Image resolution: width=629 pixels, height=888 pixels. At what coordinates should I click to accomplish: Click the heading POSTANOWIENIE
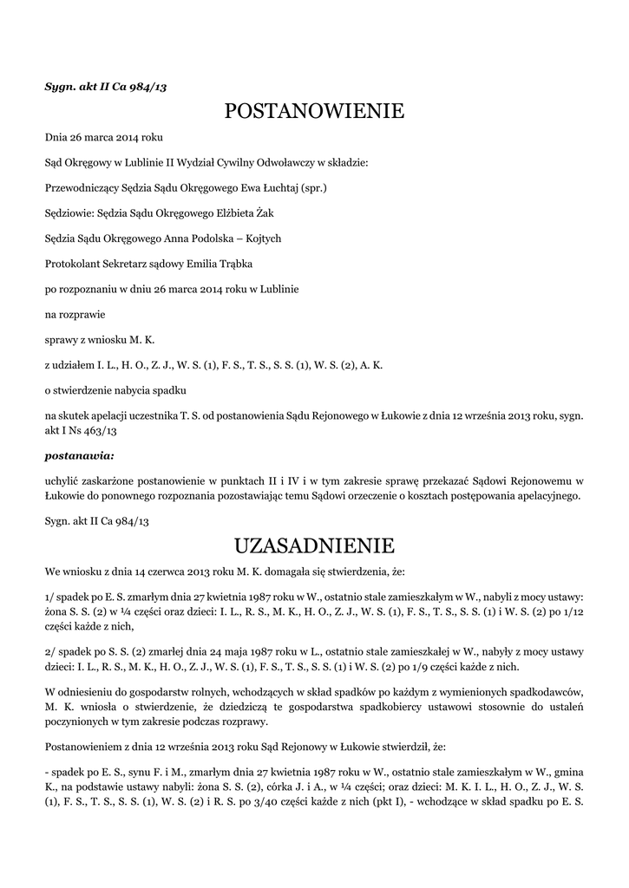coord(314,112)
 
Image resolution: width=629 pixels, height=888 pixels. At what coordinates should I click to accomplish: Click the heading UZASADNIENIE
coord(314,545)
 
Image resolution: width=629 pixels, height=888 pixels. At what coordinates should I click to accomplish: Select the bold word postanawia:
coord(80,454)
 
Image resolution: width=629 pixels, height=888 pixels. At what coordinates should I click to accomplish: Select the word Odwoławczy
coord(285,162)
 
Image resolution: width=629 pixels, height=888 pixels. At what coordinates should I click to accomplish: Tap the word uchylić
coord(62,480)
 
